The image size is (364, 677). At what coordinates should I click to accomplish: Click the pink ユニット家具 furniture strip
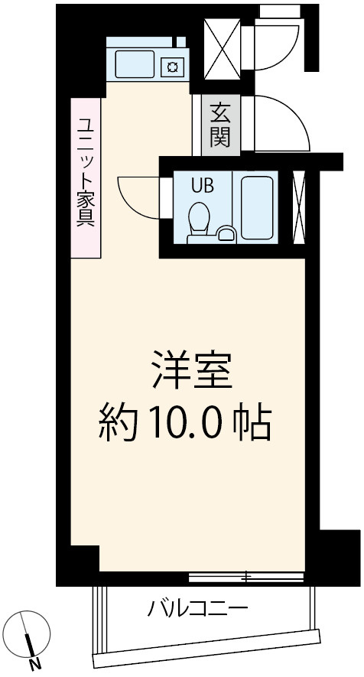click(85, 177)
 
